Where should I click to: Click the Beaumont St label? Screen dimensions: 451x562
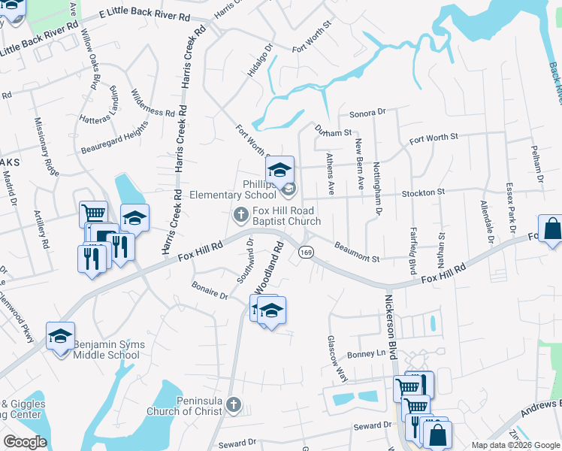(358, 252)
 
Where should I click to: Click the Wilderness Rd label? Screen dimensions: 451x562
(153, 107)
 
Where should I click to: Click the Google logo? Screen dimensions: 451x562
(26, 442)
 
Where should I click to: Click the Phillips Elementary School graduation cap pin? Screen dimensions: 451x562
(279, 170)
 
